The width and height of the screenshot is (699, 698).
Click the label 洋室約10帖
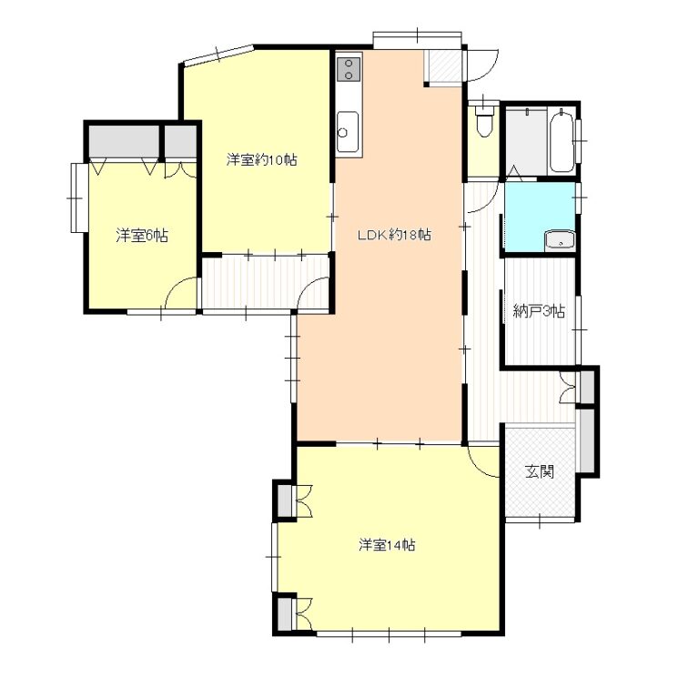[x=262, y=159]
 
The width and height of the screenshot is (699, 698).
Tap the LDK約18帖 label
[x=394, y=235]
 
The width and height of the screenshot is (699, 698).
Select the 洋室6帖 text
[x=142, y=236]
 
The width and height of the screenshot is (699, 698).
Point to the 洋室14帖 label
[x=387, y=545]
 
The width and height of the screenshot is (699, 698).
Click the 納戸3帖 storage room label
[x=539, y=310]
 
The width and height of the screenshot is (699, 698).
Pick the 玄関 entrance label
[x=540, y=471]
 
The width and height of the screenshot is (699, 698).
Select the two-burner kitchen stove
[x=349, y=69]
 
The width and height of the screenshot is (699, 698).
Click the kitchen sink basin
[x=348, y=131]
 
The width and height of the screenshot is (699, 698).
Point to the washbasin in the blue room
[x=560, y=241]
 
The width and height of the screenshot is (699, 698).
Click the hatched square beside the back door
[x=443, y=66]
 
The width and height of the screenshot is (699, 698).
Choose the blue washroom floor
[x=540, y=217]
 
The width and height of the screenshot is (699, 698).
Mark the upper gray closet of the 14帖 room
[x=284, y=501]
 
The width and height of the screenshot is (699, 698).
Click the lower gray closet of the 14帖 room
[x=284, y=613]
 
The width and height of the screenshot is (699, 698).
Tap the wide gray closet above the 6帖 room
[x=124, y=141]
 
